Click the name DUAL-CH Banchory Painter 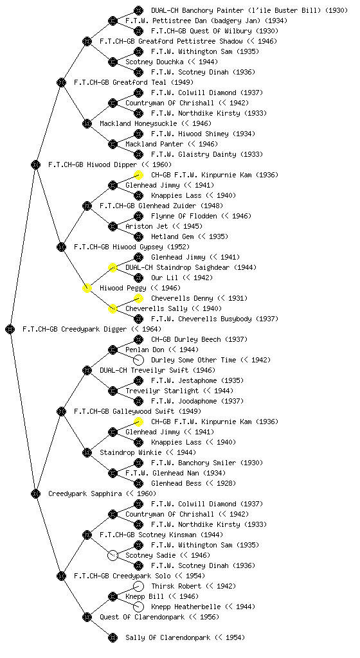(x=197, y=10)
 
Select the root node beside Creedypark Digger (x=10, y=329)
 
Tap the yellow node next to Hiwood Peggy (x=87, y=288)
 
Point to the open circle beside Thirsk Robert (x=138, y=586)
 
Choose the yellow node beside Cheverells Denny (x=138, y=298)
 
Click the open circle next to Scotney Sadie (x=113, y=555)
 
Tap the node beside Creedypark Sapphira (x=35, y=493)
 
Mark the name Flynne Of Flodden (x=184, y=216)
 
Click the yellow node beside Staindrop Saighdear (x=113, y=267)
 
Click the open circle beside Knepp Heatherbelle (x=138, y=607)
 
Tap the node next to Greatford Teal (x=61, y=82)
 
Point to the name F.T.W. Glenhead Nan (x=163, y=473)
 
